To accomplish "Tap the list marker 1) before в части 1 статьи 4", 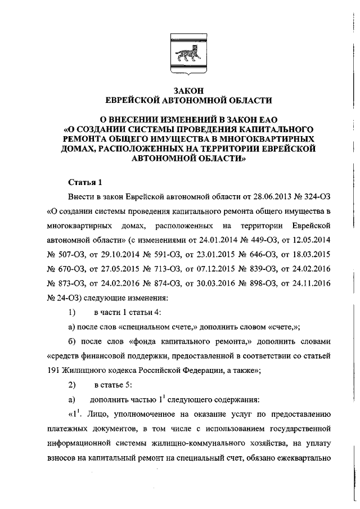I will click(x=72, y=312).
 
